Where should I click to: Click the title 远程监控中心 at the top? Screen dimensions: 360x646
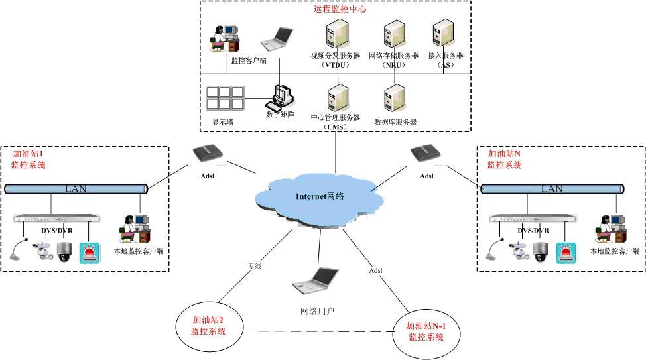click(x=339, y=9)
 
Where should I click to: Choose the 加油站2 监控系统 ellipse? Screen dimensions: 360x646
click(x=208, y=325)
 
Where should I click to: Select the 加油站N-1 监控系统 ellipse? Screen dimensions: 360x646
click(x=425, y=331)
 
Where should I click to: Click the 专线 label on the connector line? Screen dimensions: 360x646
click(x=255, y=266)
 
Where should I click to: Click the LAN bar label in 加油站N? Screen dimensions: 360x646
click(x=552, y=189)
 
